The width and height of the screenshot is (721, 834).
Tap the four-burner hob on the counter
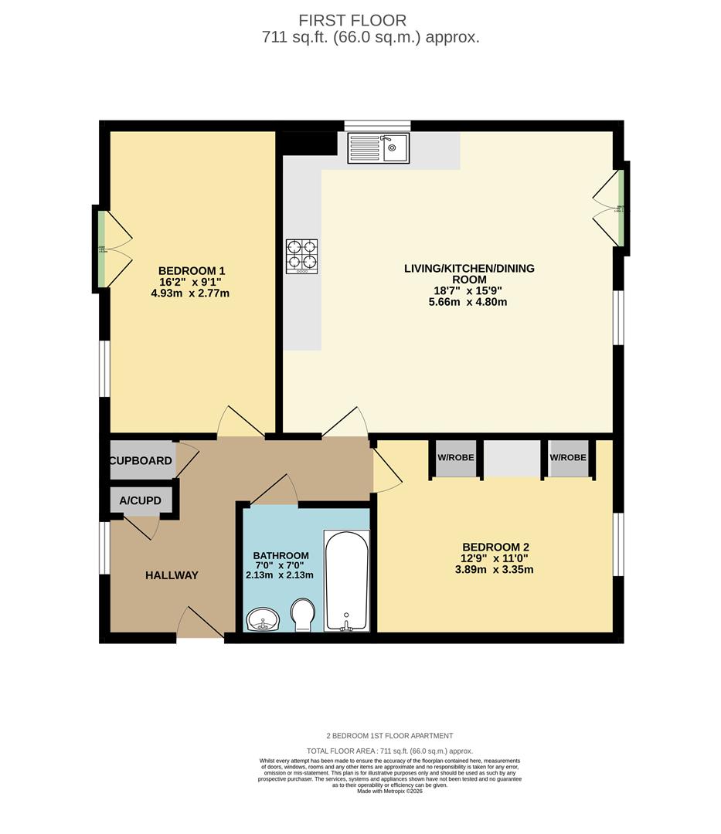coord(302,256)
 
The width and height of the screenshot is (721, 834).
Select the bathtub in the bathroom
coord(346,581)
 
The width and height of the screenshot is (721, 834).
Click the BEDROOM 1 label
coord(191,270)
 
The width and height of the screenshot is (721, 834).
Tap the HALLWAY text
coord(172,575)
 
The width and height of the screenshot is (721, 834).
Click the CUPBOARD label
coord(141,461)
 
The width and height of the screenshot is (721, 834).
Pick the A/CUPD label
coord(141,501)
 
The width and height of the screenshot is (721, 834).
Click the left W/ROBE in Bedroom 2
coord(456,458)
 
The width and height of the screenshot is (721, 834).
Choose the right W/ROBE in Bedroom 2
coord(568,458)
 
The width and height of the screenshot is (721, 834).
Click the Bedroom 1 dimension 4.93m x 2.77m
coord(191,293)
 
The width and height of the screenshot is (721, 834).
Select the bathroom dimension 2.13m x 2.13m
coord(280,575)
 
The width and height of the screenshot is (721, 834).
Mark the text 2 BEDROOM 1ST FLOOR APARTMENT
coord(389,736)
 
